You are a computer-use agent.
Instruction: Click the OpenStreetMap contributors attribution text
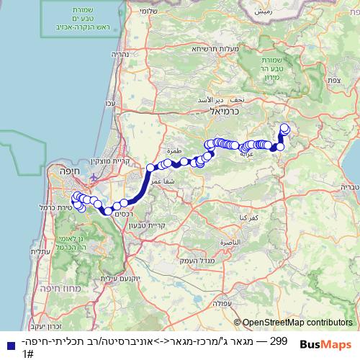[x=297, y=323]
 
